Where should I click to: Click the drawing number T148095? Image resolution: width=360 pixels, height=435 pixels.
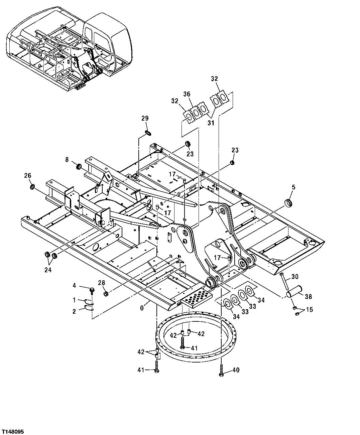13,432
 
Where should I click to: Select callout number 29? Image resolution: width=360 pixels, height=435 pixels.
144,118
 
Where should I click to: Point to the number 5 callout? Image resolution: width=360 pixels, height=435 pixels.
293,188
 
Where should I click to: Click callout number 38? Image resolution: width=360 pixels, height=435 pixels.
308,296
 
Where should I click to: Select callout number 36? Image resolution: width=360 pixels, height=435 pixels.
187,95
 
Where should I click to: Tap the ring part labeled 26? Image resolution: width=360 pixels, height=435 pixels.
32,186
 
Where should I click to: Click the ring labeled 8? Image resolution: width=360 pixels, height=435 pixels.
79,166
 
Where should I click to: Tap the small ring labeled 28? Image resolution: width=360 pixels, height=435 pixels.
106,294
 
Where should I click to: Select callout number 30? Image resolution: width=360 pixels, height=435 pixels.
295,277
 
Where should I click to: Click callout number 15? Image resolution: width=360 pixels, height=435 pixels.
309,310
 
